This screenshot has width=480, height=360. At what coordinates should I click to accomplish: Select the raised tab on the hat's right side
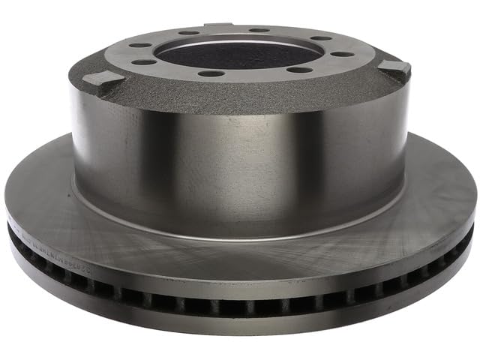click(396, 68)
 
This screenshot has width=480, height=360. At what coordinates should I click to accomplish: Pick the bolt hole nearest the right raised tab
click(342, 54)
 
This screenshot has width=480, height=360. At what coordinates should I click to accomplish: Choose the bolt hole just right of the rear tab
click(259, 30)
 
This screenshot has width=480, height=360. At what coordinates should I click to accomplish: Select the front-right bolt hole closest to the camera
click(299, 70)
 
